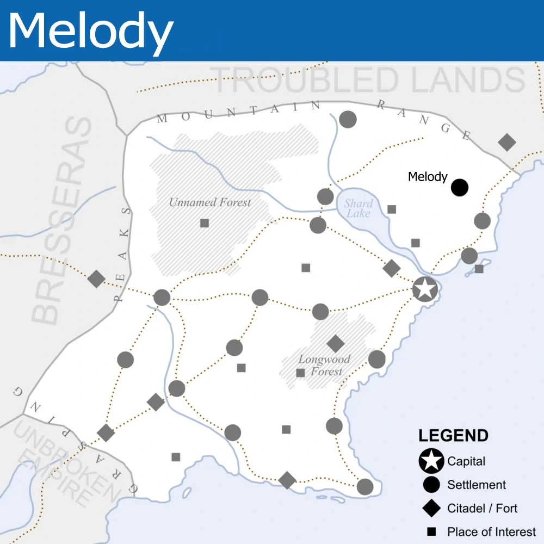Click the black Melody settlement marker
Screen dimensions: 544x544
(460, 188)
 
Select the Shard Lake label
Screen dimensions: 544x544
(358, 208)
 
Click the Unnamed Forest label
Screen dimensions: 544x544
(210, 202)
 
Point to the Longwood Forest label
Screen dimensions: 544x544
(325, 366)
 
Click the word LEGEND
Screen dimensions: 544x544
(453, 436)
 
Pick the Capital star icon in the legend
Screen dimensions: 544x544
(431, 461)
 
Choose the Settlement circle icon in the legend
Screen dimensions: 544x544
(431, 485)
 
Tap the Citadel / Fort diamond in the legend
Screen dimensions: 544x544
(431, 509)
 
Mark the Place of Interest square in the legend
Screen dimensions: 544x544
(431, 532)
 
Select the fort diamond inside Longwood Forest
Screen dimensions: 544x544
(336, 343)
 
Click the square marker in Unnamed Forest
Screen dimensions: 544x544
(205, 223)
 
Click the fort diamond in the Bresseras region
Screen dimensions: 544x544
(96, 279)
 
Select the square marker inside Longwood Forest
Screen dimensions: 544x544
(300, 373)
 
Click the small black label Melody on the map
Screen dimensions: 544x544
(428, 177)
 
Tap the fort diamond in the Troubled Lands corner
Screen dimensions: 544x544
(507, 142)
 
